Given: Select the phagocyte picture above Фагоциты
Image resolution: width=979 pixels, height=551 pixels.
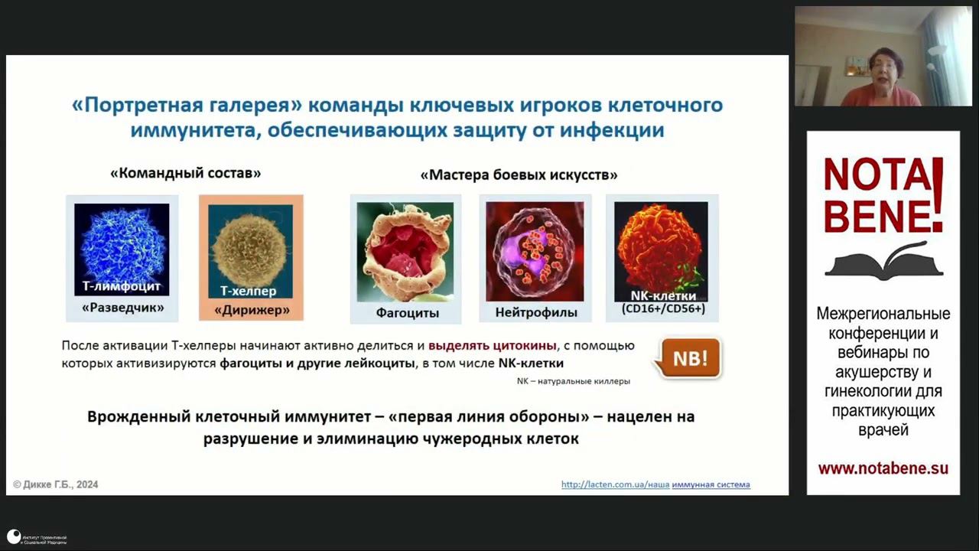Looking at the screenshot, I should tap(405, 251).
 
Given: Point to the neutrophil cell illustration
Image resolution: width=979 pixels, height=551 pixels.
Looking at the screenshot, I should tap(534, 251).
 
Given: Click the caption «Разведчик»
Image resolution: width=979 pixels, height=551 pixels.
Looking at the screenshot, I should tap(122, 309).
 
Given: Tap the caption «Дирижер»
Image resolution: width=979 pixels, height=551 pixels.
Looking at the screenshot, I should tap(252, 310).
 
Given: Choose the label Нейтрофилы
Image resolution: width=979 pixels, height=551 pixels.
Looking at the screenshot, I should tap(535, 312).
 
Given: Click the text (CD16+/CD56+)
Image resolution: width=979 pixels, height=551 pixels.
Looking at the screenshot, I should tap(663, 308).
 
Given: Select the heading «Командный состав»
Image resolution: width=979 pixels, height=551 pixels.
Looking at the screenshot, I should tap(185, 173).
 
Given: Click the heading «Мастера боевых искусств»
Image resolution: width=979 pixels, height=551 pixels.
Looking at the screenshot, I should tap(519, 174).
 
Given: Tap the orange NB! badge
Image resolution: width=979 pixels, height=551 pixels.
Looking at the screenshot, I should tap(689, 357).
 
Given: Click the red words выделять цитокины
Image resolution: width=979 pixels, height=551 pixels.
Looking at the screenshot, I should tap(493, 346).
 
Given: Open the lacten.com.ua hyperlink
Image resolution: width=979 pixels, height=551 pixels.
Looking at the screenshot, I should tap(655, 484).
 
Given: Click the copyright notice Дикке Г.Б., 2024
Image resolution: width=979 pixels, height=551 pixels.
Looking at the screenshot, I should tap(56, 484).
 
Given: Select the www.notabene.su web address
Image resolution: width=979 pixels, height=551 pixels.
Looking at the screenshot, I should tap(883, 468).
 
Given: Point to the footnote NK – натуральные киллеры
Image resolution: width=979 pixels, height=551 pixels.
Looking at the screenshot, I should tap(574, 380).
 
